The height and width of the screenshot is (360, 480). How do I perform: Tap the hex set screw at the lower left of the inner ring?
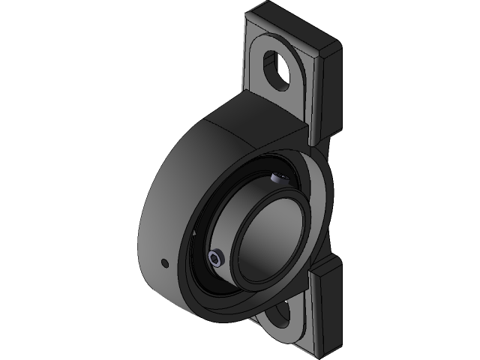click(216, 259)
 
